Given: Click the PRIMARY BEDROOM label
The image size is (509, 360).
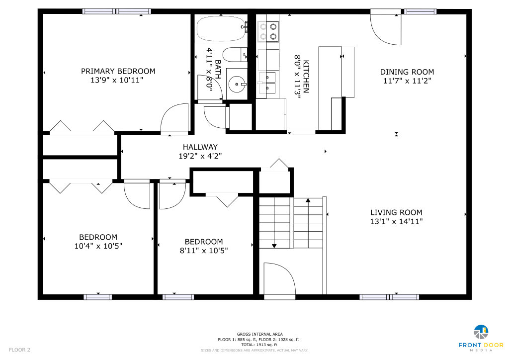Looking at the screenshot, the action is (118, 71).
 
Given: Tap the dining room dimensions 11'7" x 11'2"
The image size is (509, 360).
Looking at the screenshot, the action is (407, 81).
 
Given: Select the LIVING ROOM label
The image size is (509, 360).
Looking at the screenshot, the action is (396, 213).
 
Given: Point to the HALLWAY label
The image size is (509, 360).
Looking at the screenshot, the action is (200, 147).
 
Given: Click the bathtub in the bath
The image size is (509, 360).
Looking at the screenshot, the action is (221, 28).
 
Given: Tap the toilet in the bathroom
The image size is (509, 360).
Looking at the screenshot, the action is (235, 55).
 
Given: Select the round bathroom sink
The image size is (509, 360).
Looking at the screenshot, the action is (237, 85).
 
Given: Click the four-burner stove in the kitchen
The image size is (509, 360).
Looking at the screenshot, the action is (268, 31).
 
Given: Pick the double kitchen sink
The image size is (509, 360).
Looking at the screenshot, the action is (267, 83).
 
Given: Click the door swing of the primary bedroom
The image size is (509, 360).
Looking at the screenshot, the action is (174, 118).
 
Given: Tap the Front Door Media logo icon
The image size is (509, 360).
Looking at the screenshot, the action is (481, 332).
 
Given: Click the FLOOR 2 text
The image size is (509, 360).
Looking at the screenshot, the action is (19, 350).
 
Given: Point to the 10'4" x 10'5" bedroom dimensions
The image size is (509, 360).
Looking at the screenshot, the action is (98, 246).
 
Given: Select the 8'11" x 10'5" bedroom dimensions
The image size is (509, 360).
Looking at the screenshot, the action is (204, 251).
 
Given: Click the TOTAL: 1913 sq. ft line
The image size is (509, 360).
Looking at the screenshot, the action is (259, 345).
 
